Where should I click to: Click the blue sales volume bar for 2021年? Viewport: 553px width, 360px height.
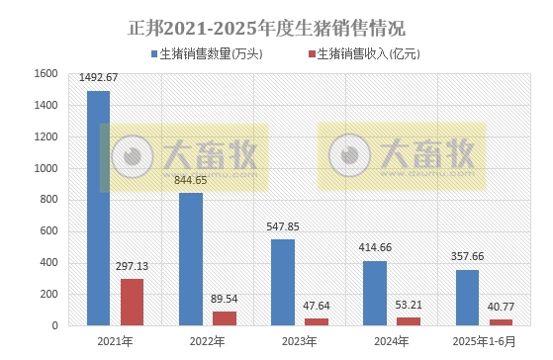(98, 208)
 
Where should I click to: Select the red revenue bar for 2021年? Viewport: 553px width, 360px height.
(133, 302)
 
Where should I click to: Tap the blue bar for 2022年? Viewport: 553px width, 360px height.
(191, 259)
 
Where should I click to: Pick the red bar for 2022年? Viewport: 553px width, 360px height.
(225, 318)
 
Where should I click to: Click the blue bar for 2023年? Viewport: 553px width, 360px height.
(283, 282)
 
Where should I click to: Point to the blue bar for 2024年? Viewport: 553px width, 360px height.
(375, 293)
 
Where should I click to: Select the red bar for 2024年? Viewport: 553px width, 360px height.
(409, 321)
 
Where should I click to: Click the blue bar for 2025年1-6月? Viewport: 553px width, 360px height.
(467, 298)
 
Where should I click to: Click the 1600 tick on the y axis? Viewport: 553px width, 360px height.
(44, 73)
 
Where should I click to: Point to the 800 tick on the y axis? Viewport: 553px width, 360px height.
(47, 200)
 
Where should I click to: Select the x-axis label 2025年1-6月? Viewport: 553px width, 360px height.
(484, 341)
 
